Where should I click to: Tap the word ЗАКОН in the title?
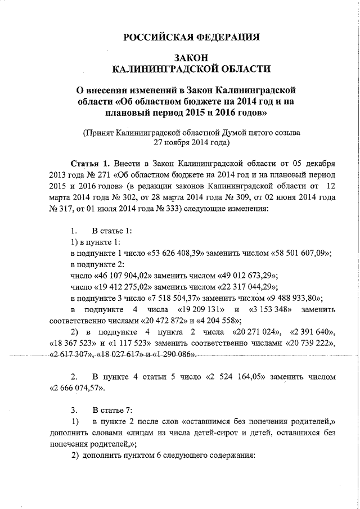191,57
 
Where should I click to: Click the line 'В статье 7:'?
112,409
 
